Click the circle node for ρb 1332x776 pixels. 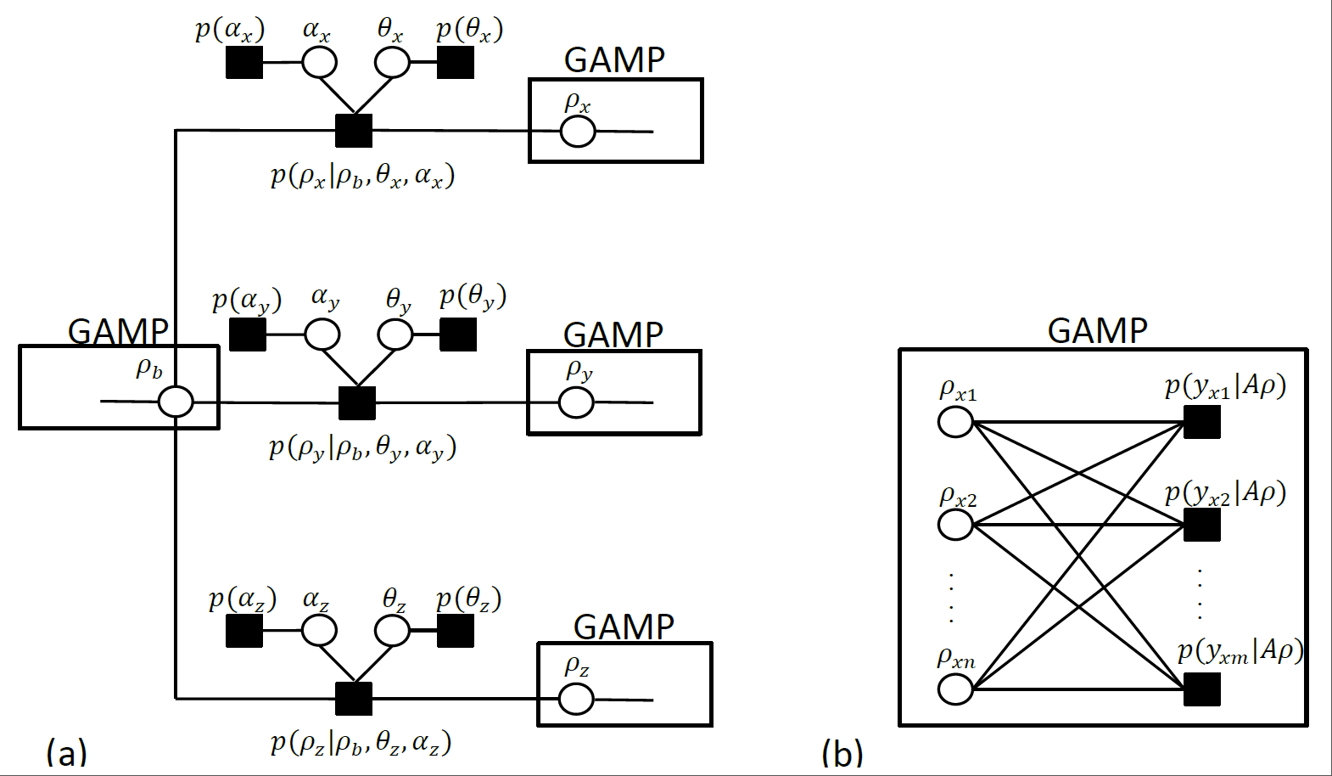(x=176, y=402)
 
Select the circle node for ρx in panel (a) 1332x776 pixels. (x=578, y=132)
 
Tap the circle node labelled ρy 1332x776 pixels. (x=577, y=402)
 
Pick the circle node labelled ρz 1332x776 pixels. (x=576, y=699)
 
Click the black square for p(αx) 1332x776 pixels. (x=244, y=62)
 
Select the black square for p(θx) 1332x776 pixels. (x=456, y=62)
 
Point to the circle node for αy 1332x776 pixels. (x=322, y=335)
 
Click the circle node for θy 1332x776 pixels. (x=395, y=335)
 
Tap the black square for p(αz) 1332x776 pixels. (x=244, y=631)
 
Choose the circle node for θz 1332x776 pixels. (x=392, y=631)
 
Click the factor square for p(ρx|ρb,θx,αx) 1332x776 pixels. (x=354, y=131)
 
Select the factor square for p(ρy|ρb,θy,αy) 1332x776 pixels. (x=357, y=402)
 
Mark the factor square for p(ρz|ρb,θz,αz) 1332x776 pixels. (x=354, y=699)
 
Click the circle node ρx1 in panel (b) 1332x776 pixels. (x=955, y=421)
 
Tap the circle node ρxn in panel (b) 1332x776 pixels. (x=955, y=689)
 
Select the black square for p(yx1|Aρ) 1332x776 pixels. (x=1202, y=421)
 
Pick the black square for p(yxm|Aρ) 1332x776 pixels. (x=1202, y=689)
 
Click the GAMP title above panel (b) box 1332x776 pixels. (x=1098, y=330)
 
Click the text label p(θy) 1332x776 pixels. (x=473, y=297)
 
